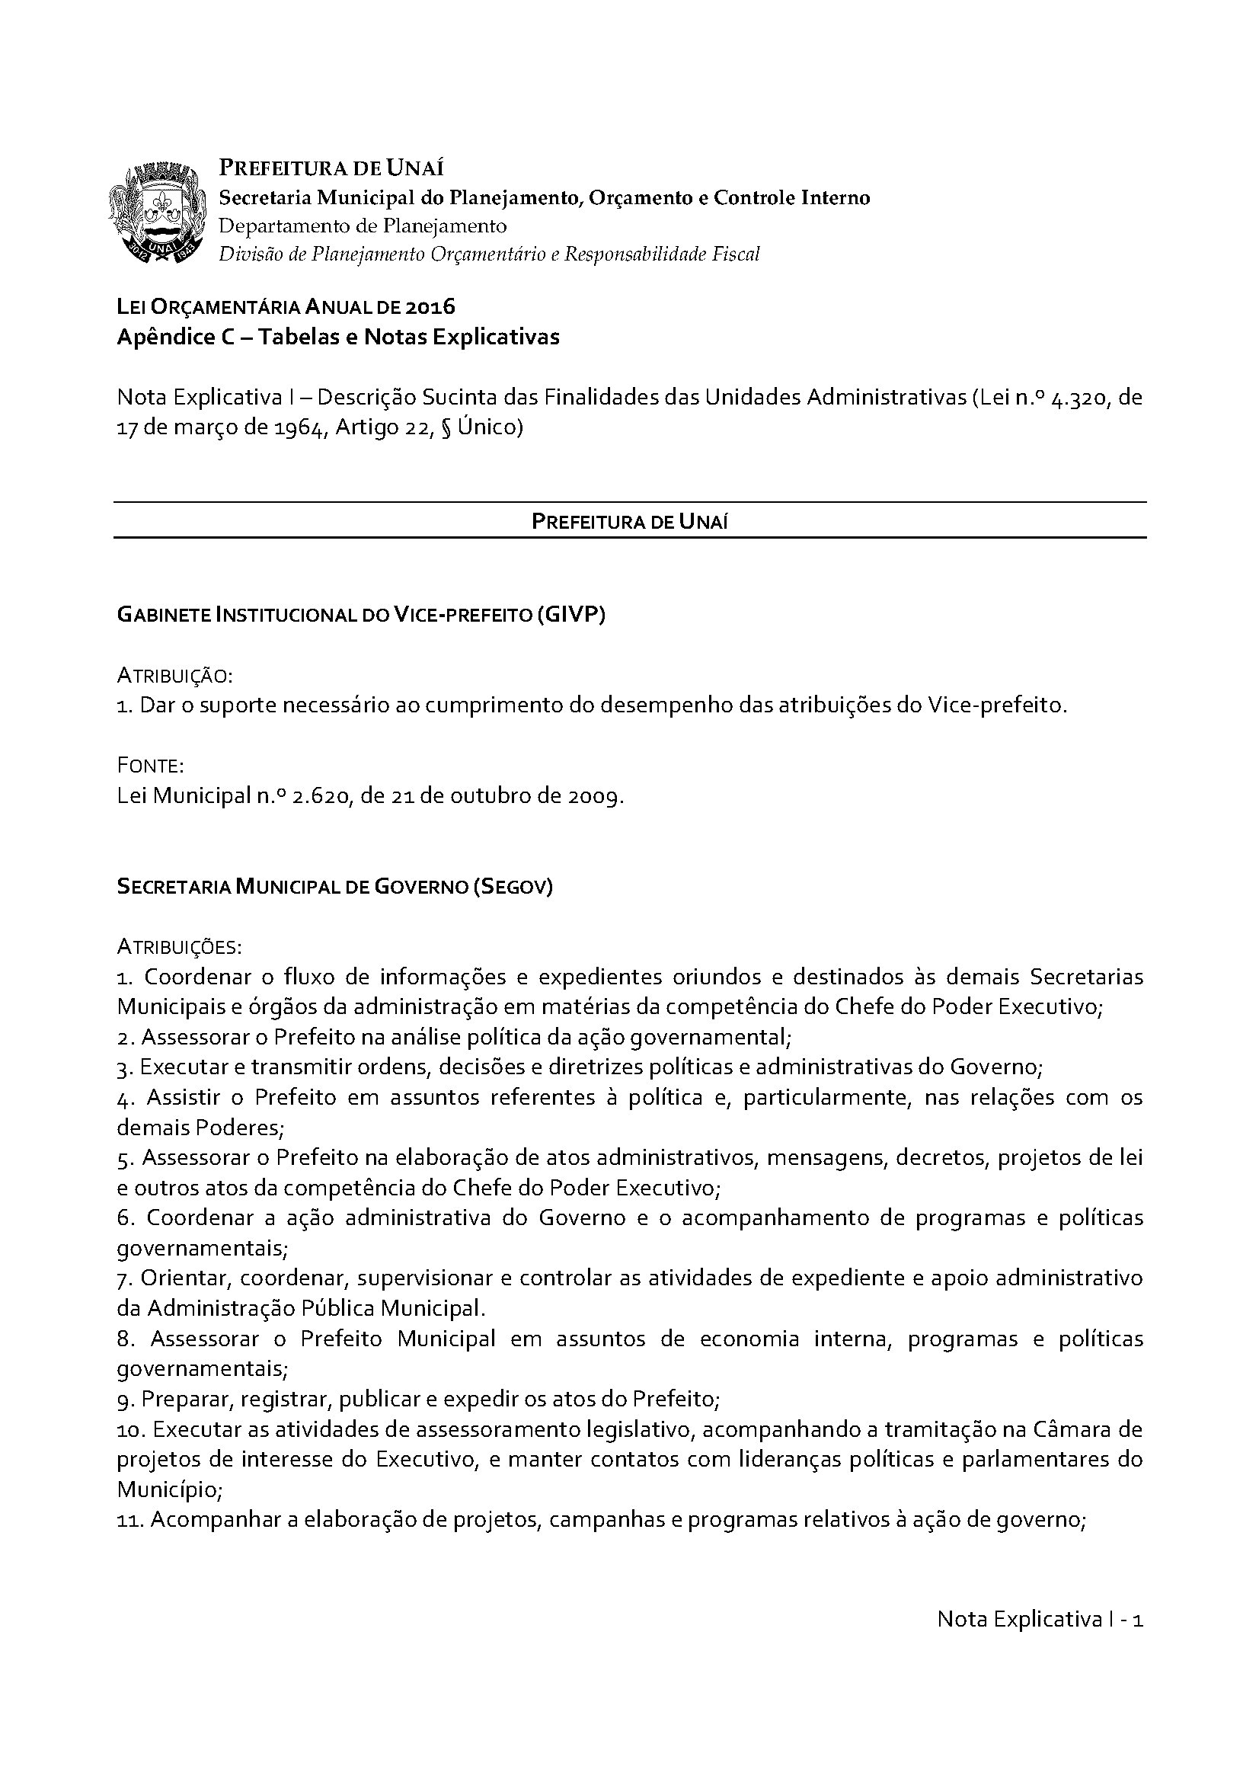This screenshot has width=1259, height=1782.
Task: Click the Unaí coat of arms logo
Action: (x=159, y=212)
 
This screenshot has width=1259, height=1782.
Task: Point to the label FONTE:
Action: (x=150, y=766)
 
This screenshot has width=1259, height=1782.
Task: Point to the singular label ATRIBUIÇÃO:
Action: (x=174, y=676)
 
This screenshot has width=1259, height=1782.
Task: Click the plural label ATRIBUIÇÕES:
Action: (x=179, y=948)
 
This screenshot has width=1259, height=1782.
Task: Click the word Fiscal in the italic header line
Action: (x=736, y=254)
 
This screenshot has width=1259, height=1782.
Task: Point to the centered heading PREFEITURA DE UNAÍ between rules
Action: (x=629, y=522)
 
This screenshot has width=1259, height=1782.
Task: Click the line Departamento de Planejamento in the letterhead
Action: (x=363, y=226)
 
